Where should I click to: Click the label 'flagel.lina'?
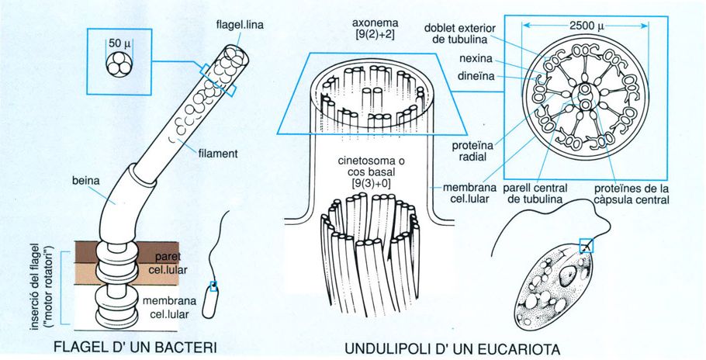click(240, 25)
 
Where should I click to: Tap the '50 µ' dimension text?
click(119, 43)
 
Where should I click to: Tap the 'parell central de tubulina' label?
click(535, 193)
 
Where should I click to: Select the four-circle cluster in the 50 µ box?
click(119, 63)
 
